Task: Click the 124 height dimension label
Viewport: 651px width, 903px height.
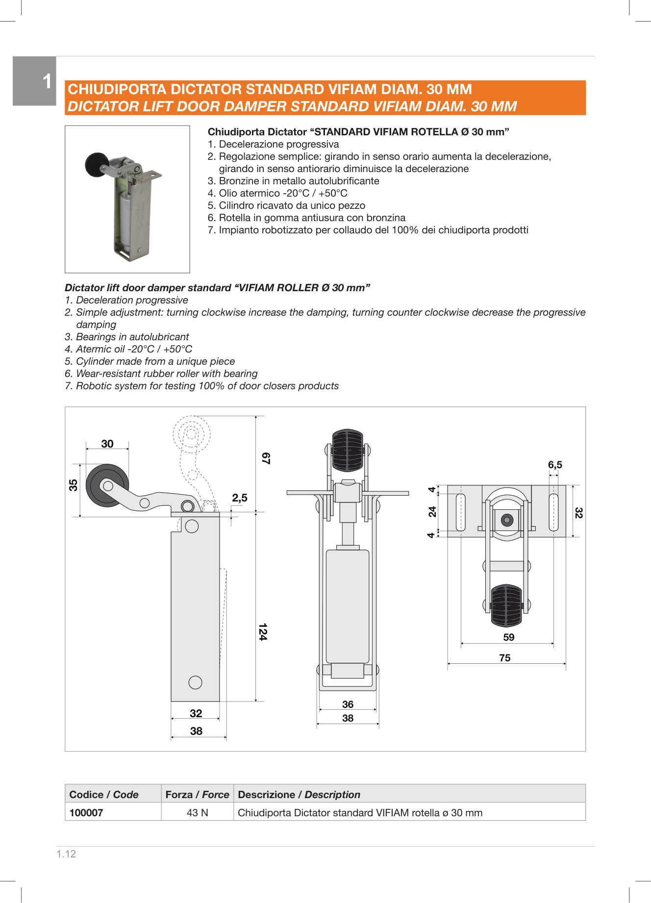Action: coord(263,632)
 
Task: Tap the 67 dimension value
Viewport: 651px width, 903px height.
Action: coord(266,458)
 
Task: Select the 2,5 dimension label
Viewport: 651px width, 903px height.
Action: coord(240,498)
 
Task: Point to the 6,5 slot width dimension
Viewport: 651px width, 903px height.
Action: coord(555,465)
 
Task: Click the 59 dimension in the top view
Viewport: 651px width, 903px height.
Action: coord(509,637)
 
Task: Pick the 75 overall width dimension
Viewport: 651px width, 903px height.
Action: coord(505,658)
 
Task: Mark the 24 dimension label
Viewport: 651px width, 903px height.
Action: coord(432,512)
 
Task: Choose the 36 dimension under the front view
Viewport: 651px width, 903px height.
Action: coord(348,704)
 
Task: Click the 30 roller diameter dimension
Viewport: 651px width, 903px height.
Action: coord(107,444)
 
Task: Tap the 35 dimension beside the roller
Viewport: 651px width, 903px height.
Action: coord(73,485)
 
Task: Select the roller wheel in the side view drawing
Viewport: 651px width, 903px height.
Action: coord(107,485)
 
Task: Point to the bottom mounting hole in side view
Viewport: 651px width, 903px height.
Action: coord(195,682)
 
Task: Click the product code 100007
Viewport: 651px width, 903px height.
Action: coord(86,812)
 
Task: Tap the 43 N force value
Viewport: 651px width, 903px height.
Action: coord(197,812)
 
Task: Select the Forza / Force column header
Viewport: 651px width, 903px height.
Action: coord(197,794)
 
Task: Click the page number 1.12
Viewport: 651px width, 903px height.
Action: coord(66,854)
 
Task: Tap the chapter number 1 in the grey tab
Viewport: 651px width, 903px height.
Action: coord(47,81)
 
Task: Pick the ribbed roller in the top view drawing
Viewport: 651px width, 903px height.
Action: coord(506,605)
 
